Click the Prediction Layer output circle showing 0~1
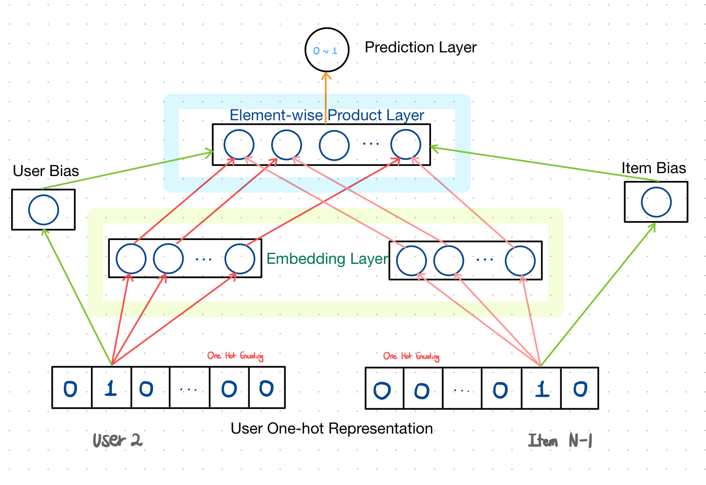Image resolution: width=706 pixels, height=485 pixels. [x=327, y=50]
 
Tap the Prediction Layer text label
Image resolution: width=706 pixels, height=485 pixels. [x=420, y=48]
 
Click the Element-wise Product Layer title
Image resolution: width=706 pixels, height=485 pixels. [x=326, y=115]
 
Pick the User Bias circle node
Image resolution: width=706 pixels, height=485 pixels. [x=44, y=210]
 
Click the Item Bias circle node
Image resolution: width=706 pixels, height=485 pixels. [x=656, y=202]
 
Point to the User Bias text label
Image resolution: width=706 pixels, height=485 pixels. [x=46, y=171]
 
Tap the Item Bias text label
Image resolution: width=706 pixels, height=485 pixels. [x=654, y=168]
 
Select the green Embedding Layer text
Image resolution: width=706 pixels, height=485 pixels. [x=327, y=259]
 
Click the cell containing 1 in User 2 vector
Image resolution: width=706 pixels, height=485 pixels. [x=111, y=388]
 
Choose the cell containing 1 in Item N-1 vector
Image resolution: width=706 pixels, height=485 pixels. [x=541, y=389]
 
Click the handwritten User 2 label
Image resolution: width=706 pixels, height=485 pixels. [x=117, y=440]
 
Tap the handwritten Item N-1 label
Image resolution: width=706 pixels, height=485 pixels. [x=560, y=441]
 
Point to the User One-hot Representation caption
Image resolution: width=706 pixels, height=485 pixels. [x=332, y=429]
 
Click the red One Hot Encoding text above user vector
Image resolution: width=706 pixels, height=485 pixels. [x=235, y=356]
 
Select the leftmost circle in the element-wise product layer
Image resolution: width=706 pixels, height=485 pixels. [x=239, y=145]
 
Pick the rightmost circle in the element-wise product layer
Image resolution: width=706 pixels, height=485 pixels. [x=406, y=145]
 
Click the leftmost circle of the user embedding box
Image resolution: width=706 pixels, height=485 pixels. [x=131, y=259]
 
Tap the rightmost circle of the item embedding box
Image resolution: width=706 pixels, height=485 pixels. [x=520, y=261]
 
